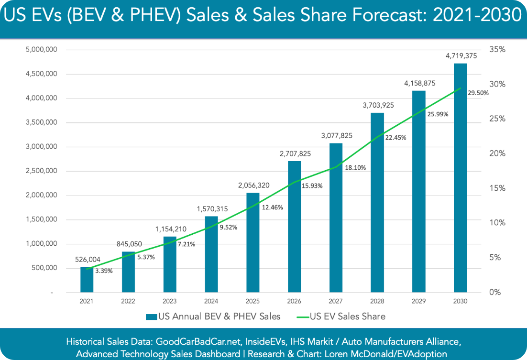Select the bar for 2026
[x=294, y=227]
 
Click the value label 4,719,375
[x=461, y=56]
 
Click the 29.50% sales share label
[x=478, y=93]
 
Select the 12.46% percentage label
[x=272, y=207]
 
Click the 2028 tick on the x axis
[x=377, y=301]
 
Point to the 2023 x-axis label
[x=169, y=301]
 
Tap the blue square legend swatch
[x=152, y=316]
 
